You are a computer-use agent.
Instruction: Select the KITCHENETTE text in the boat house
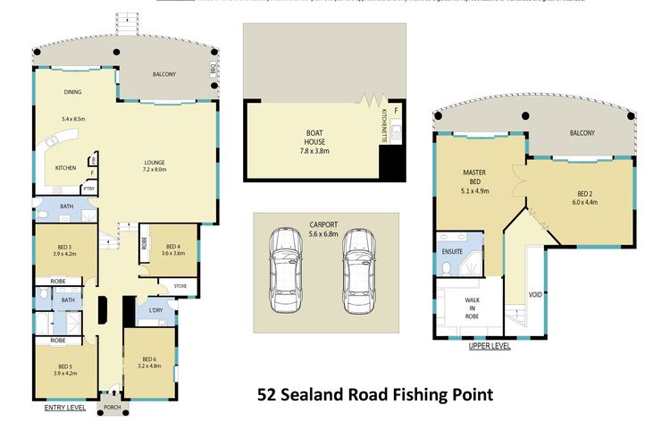pyautogui.click(x=384, y=124)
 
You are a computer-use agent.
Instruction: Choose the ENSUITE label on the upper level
pyautogui.click(x=453, y=252)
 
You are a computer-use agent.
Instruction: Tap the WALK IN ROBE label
pyautogui.click(x=468, y=308)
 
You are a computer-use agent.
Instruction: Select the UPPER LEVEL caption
pyautogui.click(x=490, y=346)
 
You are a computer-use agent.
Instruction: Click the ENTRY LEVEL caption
pyautogui.click(x=64, y=408)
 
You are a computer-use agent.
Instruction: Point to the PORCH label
pyautogui.click(x=112, y=407)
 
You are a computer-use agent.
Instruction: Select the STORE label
pyautogui.click(x=167, y=287)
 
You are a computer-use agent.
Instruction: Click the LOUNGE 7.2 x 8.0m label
pyautogui.click(x=155, y=165)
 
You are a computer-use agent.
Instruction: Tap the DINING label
pyautogui.click(x=72, y=92)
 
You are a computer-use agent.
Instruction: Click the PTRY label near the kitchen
pyautogui.click(x=88, y=189)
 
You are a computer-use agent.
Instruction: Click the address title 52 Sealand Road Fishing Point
pyautogui.click(x=374, y=393)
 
